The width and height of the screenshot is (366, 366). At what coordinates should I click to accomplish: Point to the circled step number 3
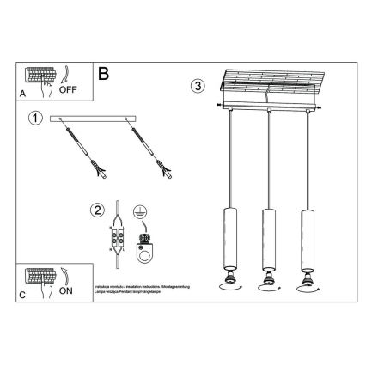pyautogui.click(x=198, y=86)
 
